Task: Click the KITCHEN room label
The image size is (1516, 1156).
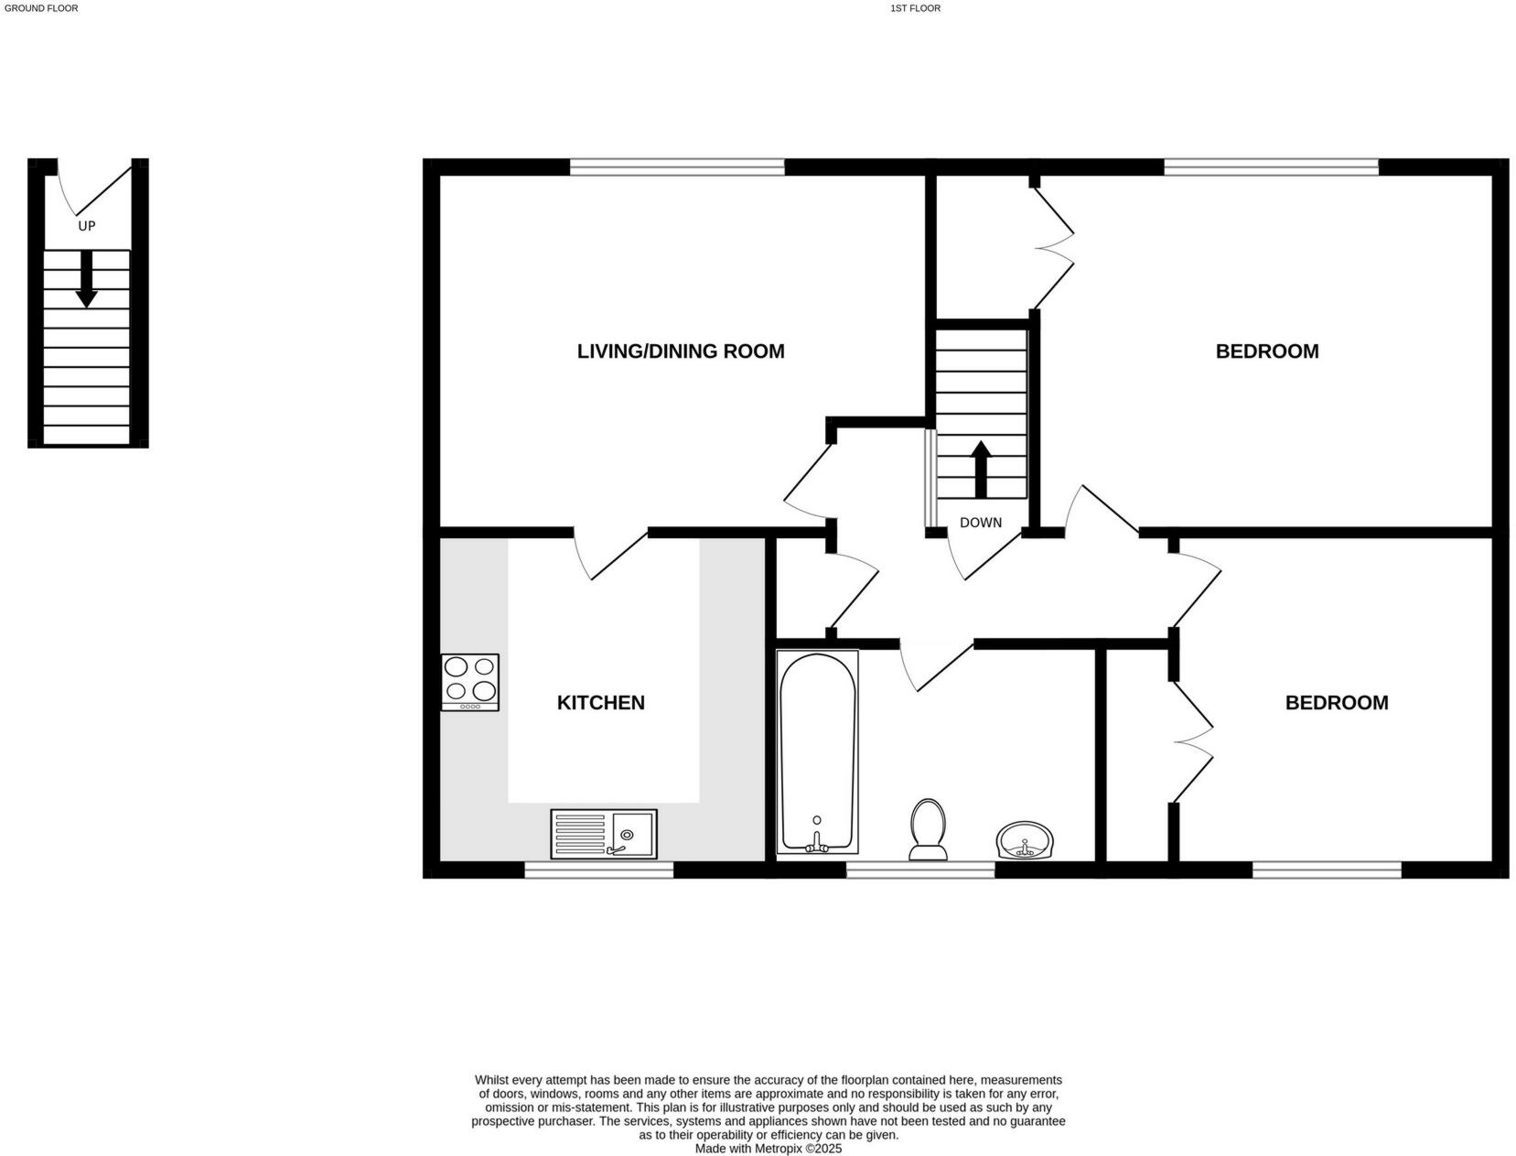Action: coord(600,702)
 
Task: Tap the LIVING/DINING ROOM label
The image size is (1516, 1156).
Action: coord(680,351)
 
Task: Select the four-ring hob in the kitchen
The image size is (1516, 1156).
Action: coord(469,681)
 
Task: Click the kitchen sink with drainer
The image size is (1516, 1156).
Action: coord(603,834)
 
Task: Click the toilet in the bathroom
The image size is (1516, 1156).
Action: coord(928,829)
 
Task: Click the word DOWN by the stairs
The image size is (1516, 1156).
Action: coord(980,523)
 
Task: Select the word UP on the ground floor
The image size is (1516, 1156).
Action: coord(86,225)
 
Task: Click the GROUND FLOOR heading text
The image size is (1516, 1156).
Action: coord(41,8)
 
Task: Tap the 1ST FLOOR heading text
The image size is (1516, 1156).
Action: coord(914,8)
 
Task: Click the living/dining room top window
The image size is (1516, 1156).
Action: coord(677,167)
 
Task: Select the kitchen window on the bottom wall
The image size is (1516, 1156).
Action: coord(598,870)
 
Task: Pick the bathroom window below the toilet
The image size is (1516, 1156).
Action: coord(919,870)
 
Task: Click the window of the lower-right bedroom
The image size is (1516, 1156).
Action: coord(1326,870)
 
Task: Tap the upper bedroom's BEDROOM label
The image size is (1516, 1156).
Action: coord(1266,351)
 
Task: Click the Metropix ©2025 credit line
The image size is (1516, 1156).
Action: coord(768,1148)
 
